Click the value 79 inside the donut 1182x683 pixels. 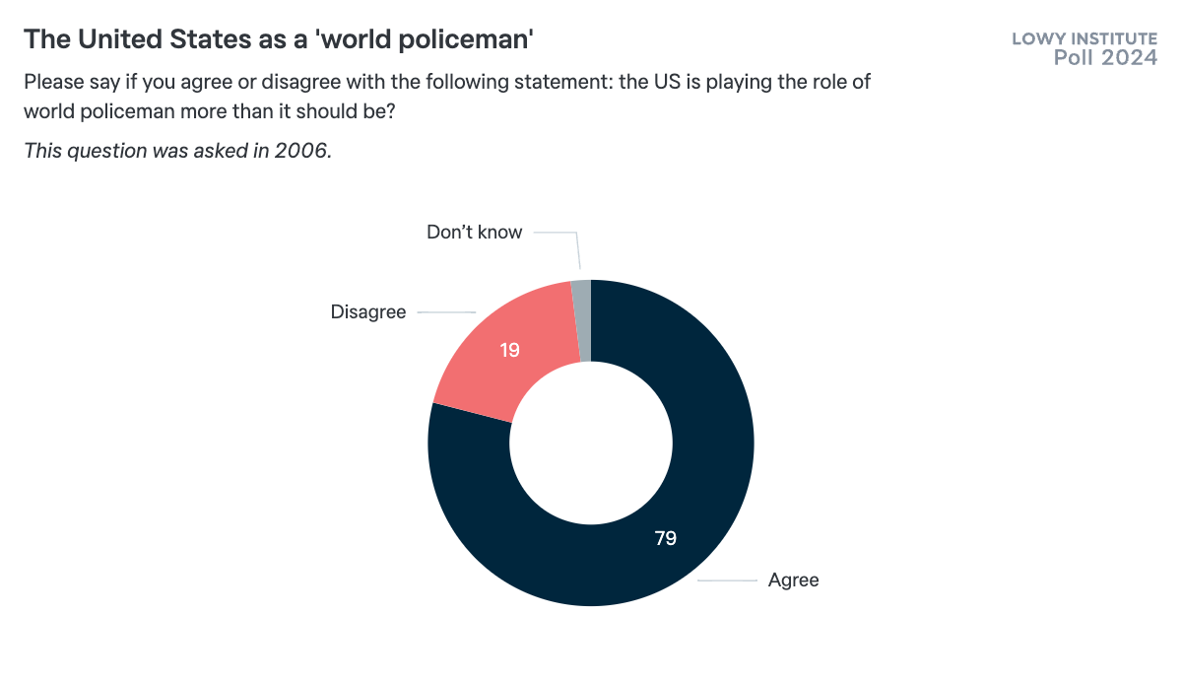pyautogui.click(x=666, y=538)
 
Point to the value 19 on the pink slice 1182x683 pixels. pyautogui.click(x=509, y=349)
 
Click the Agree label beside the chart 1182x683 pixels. pyautogui.click(x=793, y=580)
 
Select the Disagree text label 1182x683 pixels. pyautogui.click(x=368, y=312)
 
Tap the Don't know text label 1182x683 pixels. pyautogui.click(x=474, y=233)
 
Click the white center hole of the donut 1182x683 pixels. pyautogui.click(x=591, y=443)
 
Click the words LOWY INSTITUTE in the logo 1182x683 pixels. pyautogui.click(x=1084, y=39)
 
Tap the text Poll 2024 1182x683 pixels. pyautogui.click(x=1105, y=58)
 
